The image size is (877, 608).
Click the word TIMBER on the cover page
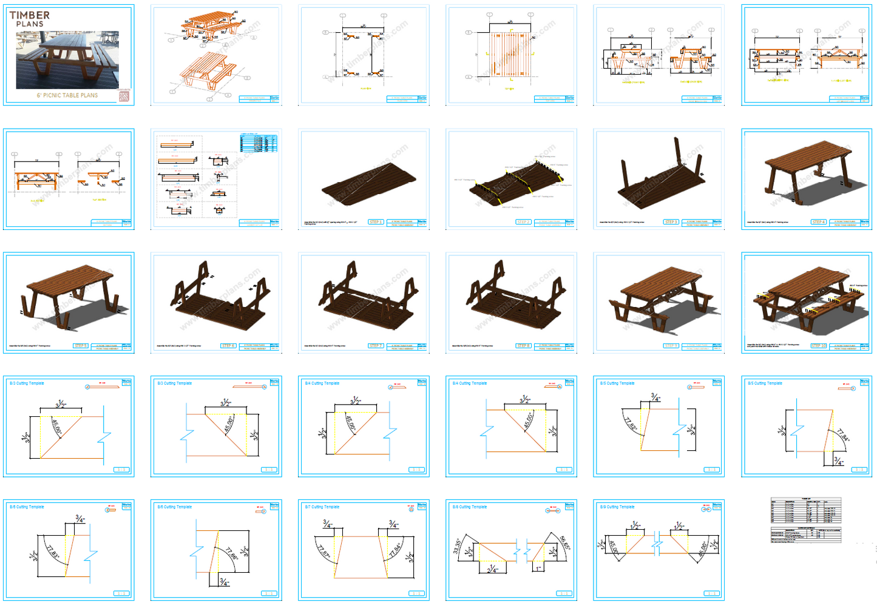click(30, 15)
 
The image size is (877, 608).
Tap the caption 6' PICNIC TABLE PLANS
click(67, 95)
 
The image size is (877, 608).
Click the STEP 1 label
click(375, 222)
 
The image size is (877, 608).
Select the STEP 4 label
click(818, 222)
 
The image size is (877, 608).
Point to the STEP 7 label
click(375, 346)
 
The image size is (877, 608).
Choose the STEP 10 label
click(819, 346)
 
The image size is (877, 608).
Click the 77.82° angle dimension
click(631, 423)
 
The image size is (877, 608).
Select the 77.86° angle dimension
click(231, 553)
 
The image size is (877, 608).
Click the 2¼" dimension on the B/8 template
click(492, 570)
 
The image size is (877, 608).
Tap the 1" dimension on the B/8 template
click(538, 569)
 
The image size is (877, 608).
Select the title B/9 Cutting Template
click(617, 507)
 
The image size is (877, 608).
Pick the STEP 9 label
click(671, 346)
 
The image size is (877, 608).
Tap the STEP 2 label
click(523, 222)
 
